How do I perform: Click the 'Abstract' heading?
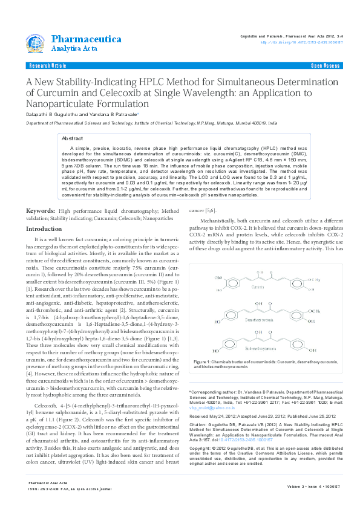pos(73,138)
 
